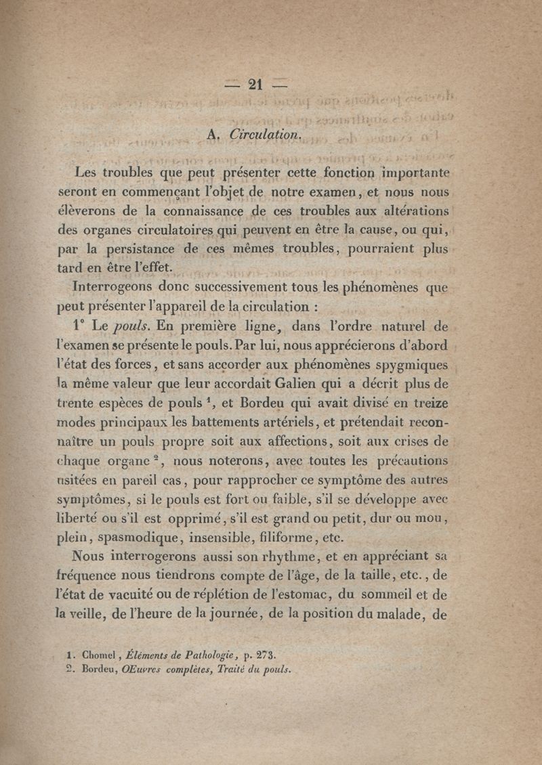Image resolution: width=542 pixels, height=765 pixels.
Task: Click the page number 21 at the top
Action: (x=255, y=84)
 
